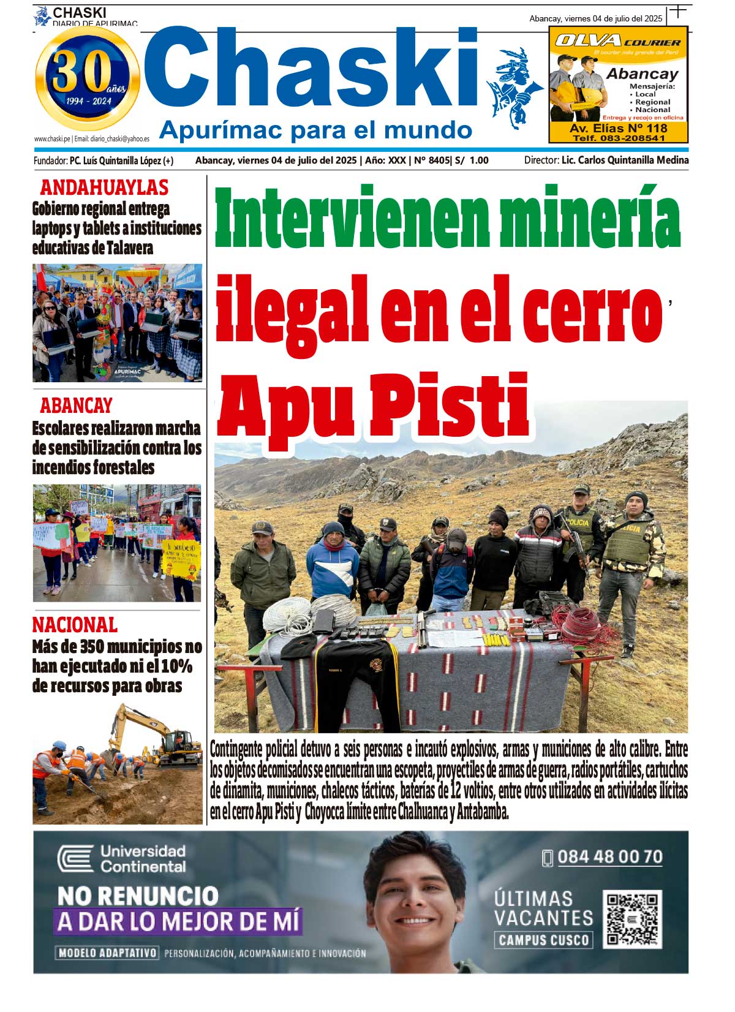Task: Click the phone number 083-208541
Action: pyautogui.click(x=619, y=138)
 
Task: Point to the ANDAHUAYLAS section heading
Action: pyautogui.click(x=104, y=187)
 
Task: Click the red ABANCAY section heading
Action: pyautogui.click(x=76, y=406)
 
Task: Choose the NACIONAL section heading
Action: pyautogui.click(x=75, y=625)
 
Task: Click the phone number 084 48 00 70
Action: pyautogui.click(x=609, y=857)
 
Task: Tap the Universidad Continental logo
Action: pyautogui.click(x=121, y=858)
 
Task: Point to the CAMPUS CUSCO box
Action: pyautogui.click(x=544, y=940)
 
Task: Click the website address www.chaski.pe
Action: pyautogui.click(x=51, y=139)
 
